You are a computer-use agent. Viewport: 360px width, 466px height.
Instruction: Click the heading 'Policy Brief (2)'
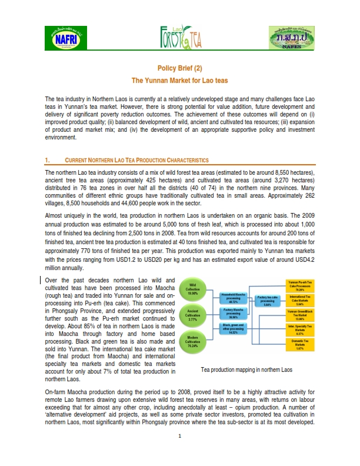(x=179, y=68)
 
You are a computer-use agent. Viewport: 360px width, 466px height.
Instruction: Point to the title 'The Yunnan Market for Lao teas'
(x=179, y=79)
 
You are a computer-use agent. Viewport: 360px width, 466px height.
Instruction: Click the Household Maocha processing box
(x=237, y=296)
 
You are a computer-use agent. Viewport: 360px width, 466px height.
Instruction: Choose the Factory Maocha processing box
(x=237, y=312)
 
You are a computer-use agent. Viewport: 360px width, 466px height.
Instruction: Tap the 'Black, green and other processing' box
(x=237, y=328)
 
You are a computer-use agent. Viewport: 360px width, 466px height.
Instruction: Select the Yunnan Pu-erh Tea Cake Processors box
(x=304, y=287)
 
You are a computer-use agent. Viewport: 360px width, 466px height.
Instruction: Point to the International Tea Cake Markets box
(x=304, y=301)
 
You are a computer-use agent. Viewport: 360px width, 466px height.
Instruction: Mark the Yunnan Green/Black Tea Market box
(x=304, y=314)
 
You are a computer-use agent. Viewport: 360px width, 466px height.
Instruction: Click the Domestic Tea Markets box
(x=304, y=344)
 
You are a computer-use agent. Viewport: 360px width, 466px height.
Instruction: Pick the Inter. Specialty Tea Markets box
(x=304, y=328)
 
